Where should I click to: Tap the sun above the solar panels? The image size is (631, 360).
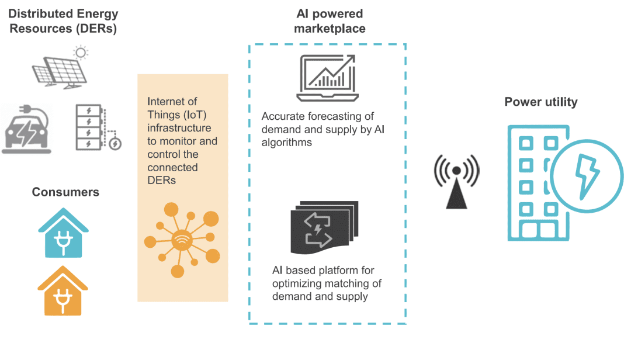pyautogui.click(x=80, y=53)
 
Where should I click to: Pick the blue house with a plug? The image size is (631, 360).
pyautogui.click(x=64, y=234)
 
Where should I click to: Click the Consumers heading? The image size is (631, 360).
pyautogui.click(x=65, y=192)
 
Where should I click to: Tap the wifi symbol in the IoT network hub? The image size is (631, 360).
pyautogui.click(x=181, y=239)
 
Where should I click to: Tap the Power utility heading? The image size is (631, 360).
pyautogui.click(x=541, y=102)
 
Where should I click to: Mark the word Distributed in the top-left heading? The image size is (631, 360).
pyautogui.click(x=40, y=13)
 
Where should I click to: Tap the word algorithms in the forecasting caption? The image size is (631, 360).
pyautogui.click(x=287, y=142)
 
